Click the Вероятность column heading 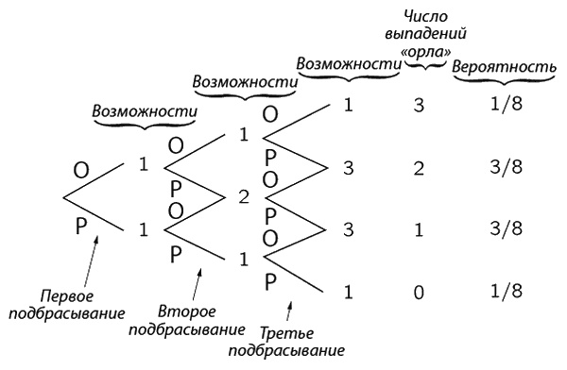499,70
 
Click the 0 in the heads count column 419,293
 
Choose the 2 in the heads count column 419,168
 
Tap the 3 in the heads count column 419,106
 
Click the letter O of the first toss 82,171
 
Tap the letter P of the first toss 82,226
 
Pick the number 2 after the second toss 243,197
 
